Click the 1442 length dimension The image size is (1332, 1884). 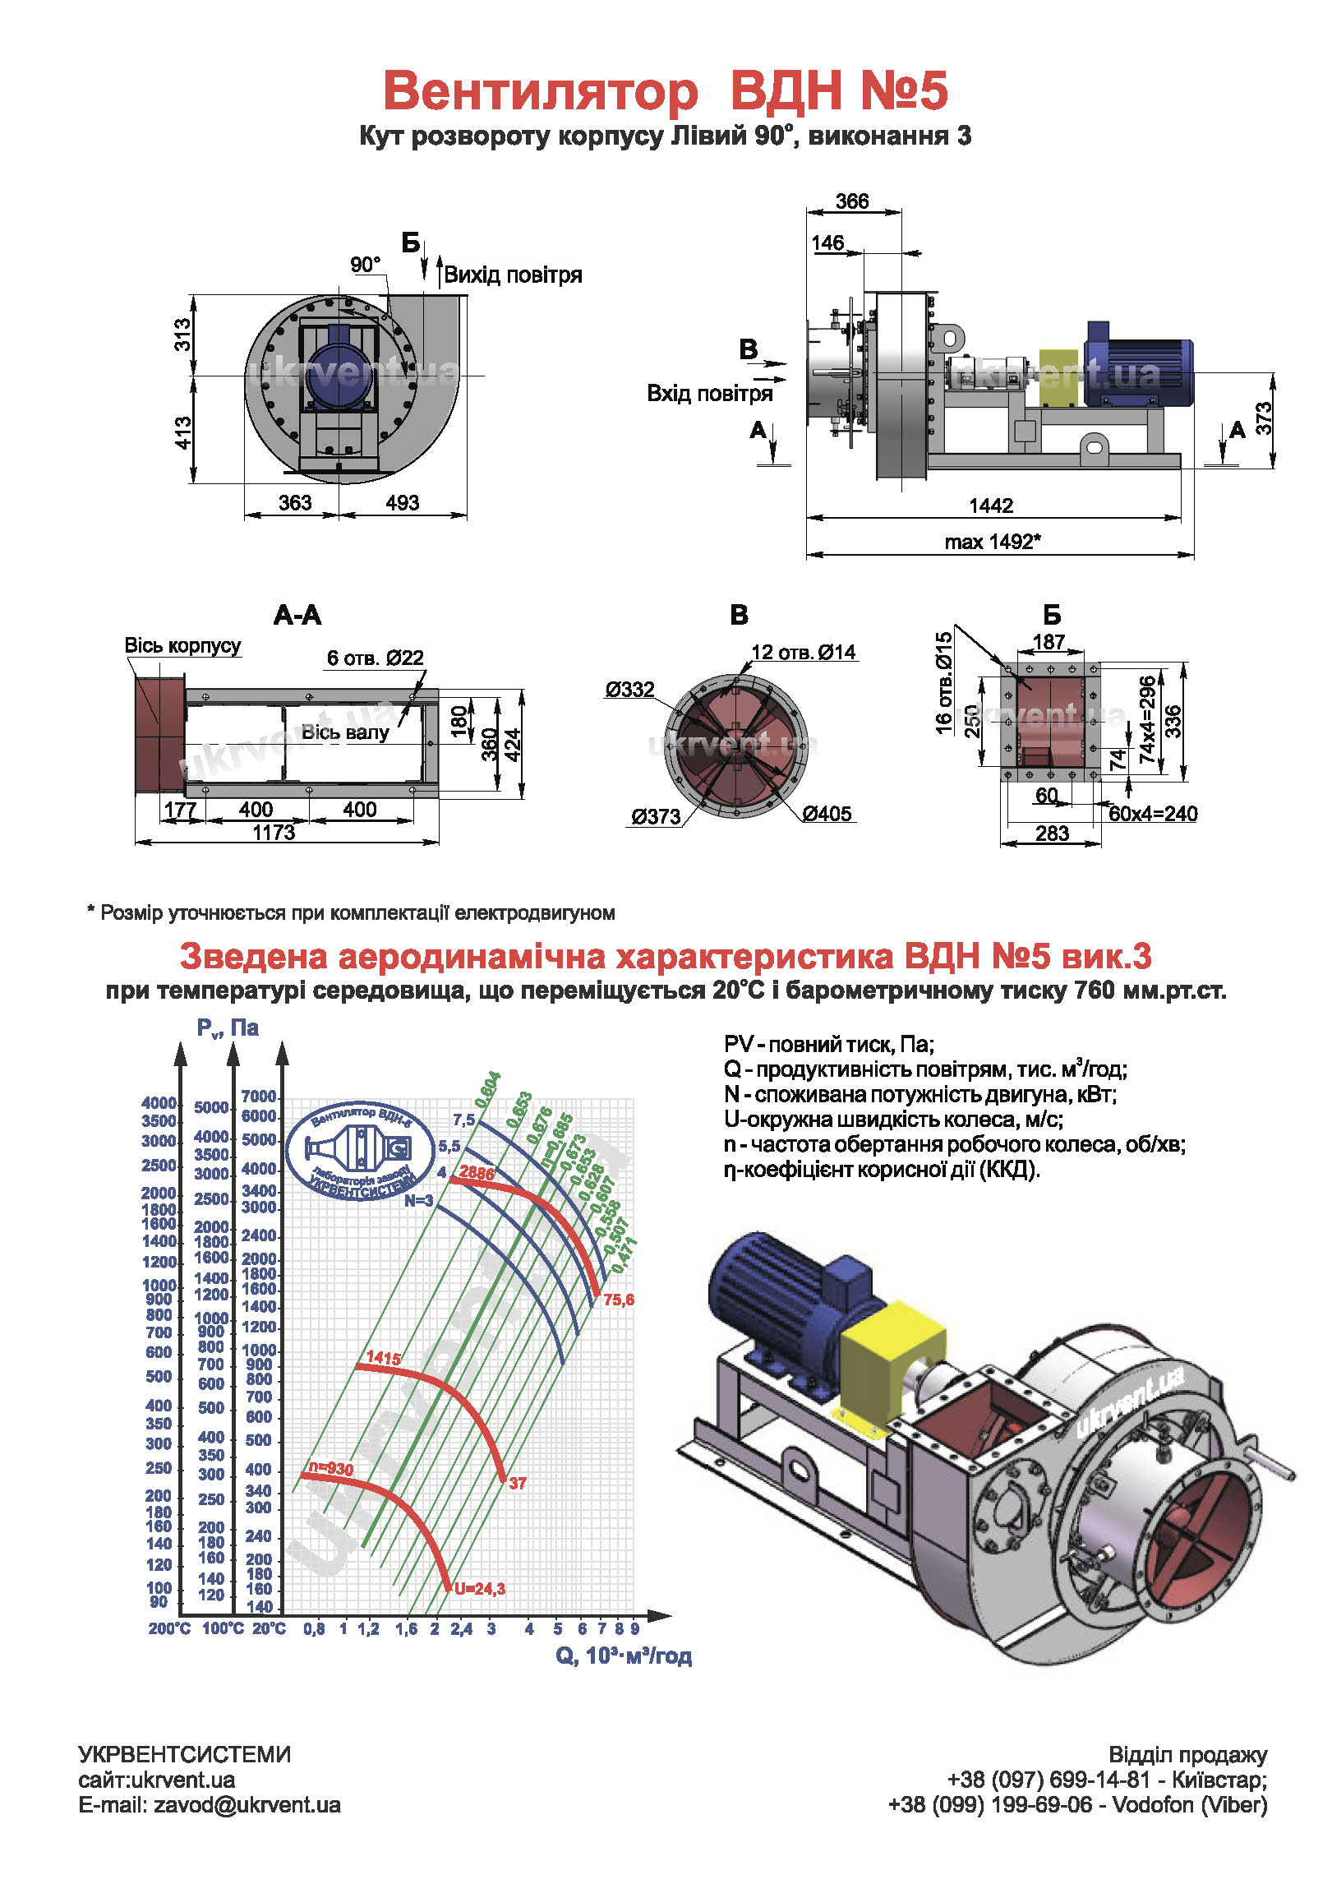(991, 506)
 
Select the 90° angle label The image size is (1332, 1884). (365, 265)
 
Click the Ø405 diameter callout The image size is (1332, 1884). (827, 814)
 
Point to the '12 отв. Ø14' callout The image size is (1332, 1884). (803, 653)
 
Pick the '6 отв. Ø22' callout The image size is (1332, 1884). (375, 658)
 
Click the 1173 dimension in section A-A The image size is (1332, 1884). (274, 833)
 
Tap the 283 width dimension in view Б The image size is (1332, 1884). (1052, 833)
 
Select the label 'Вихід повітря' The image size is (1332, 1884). (513, 275)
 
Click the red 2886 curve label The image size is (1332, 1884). (477, 1173)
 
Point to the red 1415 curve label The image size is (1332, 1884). (384, 1357)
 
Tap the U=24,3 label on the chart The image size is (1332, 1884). (480, 1589)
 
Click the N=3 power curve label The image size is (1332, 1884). (418, 1201)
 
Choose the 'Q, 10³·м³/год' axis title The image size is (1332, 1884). (624, 1655)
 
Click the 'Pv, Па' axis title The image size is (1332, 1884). (228, 1028)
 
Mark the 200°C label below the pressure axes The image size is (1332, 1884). (169, 1629)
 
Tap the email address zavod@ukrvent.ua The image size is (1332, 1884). (247, 1804)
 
